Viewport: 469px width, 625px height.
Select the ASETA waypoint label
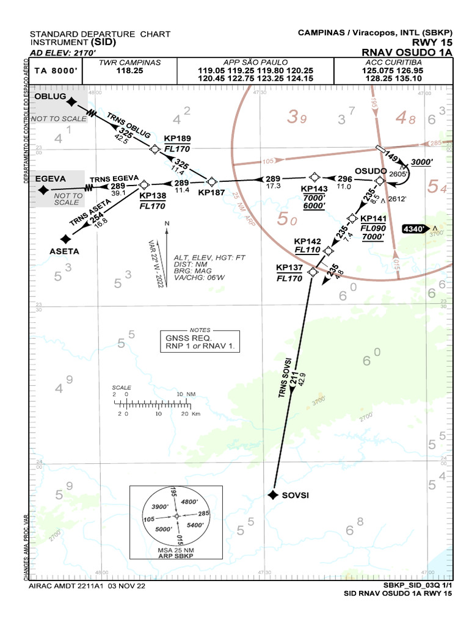[x=64, y=251]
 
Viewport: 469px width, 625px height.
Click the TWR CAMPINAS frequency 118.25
[x=129, y=71]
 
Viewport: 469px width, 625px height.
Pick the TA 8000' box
[x=53, y=71]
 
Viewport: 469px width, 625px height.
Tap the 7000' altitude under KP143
[x=314, y=198]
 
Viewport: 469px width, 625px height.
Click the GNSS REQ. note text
[x=187, y=338]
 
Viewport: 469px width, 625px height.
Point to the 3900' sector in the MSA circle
[x=159, y=507]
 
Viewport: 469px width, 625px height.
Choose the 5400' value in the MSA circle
[x=194, y=525]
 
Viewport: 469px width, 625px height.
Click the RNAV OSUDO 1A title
[x=407, y=53]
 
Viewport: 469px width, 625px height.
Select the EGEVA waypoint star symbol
[x=44, y=190]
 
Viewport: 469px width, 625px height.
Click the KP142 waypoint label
[x=307, y=242]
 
